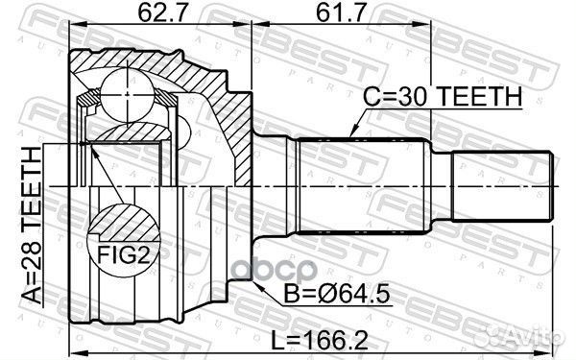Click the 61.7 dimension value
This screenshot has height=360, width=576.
click(338, 15)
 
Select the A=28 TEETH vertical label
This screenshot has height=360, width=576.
click(30, 226)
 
